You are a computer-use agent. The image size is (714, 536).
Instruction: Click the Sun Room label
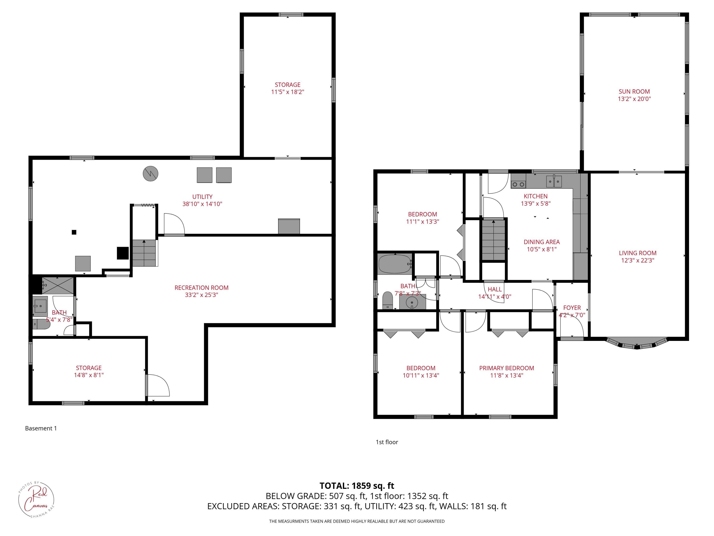[x=634, y=92]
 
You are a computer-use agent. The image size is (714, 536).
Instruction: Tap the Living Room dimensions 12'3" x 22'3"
[x=638, y=260]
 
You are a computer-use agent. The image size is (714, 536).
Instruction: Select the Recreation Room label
[x=201, y=288]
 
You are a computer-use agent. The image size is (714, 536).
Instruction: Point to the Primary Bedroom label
[x=506, y=368]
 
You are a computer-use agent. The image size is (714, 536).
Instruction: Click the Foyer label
[x=572, y=308]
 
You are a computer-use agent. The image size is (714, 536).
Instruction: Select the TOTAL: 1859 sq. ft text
[x=357, y=485]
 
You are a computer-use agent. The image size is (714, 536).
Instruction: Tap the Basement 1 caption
[x=41, y=428]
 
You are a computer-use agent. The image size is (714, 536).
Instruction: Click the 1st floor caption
[x=387, y=442]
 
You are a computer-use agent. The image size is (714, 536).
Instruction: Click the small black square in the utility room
[x=74, y=232]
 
